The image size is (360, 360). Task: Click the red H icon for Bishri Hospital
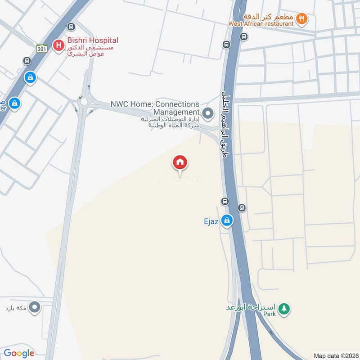click(x=58, y=45)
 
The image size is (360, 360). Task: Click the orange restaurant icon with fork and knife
click(x=301, y=19)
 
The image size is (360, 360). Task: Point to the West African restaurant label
click(x=261, y=23)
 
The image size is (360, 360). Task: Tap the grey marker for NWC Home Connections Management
click(x=207, y=113)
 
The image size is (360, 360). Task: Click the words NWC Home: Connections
click(x=155, y=104)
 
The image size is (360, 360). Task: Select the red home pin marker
click(x=180, y=162)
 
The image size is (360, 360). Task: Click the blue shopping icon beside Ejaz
click(x=227, y=220)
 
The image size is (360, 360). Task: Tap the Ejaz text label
click(x=211, y=221)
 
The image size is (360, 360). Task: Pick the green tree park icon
click(x=284, y=309)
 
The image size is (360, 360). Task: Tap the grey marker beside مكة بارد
click(x=35, y=308)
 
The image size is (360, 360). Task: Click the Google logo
click(x=19, y=353)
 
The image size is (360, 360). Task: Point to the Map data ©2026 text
click(x=335, y=355)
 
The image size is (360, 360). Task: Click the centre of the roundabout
click(x=82, y=102)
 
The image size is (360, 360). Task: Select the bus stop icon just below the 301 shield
click(x=27, y=61)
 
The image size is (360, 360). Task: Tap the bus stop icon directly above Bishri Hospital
click(x=70, y=27)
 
